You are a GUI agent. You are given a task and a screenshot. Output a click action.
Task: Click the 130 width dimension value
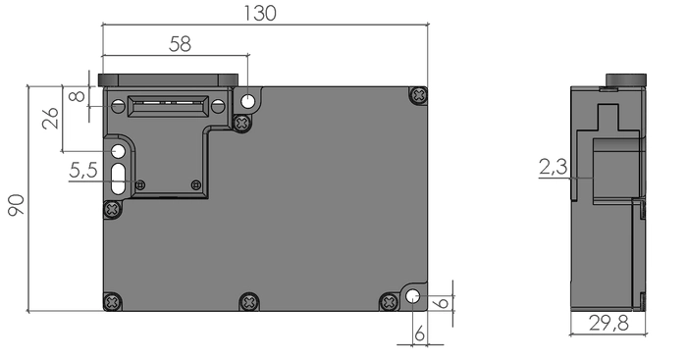[x=260, y=13]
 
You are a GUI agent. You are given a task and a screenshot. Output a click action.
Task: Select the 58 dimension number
[x=180, y=44]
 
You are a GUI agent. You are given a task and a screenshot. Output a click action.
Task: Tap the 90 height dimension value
[x=16, y=205]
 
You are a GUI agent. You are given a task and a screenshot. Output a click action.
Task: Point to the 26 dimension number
[x=50, y=118]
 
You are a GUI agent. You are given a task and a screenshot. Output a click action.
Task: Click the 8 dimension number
[x=78, y=95]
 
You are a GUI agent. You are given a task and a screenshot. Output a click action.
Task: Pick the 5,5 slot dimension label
[x=83, y=170]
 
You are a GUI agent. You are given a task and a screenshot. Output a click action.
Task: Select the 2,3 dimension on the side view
[x=553, y=167]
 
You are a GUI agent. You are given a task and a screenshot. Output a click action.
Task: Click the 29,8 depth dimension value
[x=608, y=323]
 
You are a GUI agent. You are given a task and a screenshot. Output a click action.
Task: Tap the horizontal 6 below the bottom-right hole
[x=419, y=334]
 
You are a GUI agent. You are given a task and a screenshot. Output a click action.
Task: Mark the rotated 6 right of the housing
[x=443, y=303]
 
